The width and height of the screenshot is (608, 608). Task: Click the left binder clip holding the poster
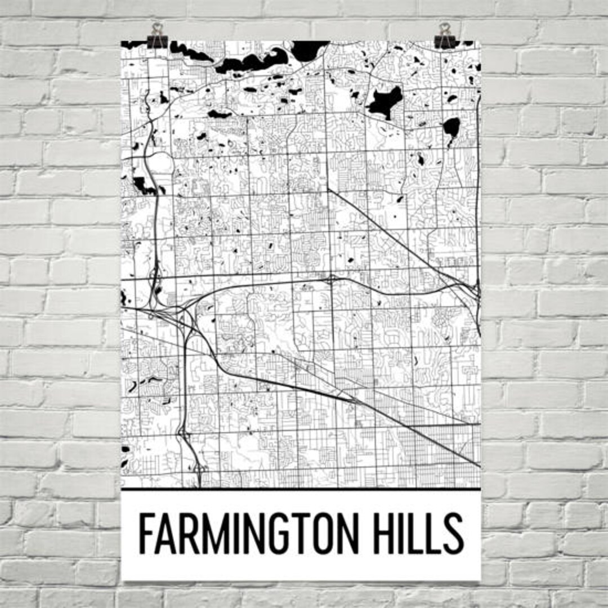(x=157, y=39)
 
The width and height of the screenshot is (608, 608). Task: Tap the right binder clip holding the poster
(x=445, y=39)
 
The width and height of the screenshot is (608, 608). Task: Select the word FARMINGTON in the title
(x=247, y=534)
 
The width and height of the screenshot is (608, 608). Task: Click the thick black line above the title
(x=301, y=489)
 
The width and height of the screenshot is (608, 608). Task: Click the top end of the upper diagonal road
(x=328, y=190)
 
